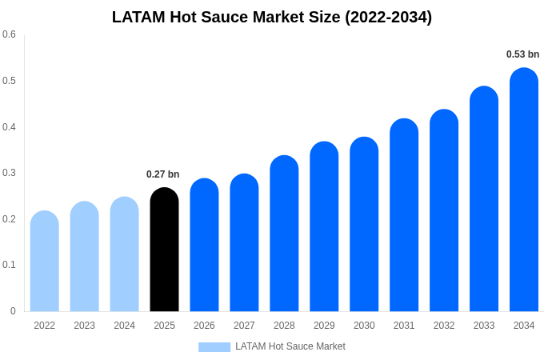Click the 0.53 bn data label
click(522, 54)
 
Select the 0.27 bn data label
click(162, 174)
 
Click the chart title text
click(272, 17)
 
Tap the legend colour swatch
click(214, 346)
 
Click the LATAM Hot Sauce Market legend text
click(290, 346)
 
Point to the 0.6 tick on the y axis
click(9, 34)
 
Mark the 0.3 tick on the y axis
click(9, 173)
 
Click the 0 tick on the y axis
click(13, 311)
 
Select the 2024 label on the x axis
click(124, 326)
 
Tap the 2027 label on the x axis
click(244, 326)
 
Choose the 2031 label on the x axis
click(404, 326)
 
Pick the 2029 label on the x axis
click(324, 326)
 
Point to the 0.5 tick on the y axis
click(9, 81)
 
